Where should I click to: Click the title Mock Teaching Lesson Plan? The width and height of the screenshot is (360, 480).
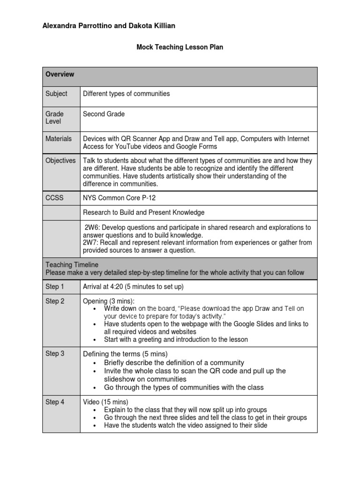coord(180,47)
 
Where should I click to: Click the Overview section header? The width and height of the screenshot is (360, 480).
coord(60,75)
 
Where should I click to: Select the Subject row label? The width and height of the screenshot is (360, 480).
coord(56,94)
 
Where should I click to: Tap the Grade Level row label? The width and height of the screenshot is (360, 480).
coord(54,118)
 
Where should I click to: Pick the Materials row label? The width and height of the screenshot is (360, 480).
coord(59,139)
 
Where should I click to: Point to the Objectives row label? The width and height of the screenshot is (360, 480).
coord(60,160)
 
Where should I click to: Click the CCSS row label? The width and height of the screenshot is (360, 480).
coord(54,198)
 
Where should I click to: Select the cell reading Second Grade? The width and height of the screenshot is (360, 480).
coord(104,114)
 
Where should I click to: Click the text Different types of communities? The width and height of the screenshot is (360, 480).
coord(126,94)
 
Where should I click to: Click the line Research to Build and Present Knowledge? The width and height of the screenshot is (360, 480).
coord(143,212)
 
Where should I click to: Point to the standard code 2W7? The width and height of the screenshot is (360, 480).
coord(90,242)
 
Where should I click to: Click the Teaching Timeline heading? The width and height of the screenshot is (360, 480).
coord(72,265)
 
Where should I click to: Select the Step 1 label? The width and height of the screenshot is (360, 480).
coord(55,286)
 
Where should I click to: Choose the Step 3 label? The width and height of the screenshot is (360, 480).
coord(55,353)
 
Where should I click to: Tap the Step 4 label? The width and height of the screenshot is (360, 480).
coord(55,402)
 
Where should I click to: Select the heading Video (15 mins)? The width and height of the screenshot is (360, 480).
coord(105,402)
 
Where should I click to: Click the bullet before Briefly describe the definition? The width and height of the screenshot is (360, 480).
coord(95,363)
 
